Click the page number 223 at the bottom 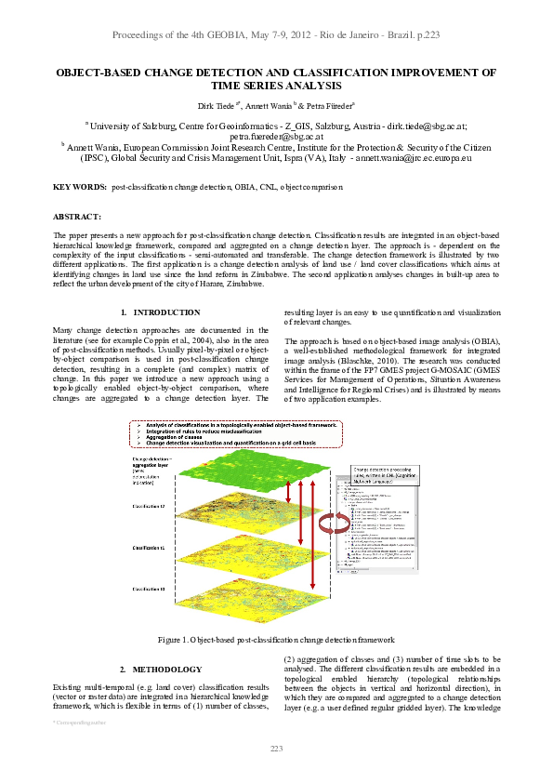coord(276,749)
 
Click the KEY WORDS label coord(79,188)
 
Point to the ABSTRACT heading coord(76,216)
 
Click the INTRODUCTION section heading coord(166,312)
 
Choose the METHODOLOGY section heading coord(166,670)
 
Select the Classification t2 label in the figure coord(150,507)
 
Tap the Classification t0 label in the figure coord(149,589)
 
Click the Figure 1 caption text coord(276,640)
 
